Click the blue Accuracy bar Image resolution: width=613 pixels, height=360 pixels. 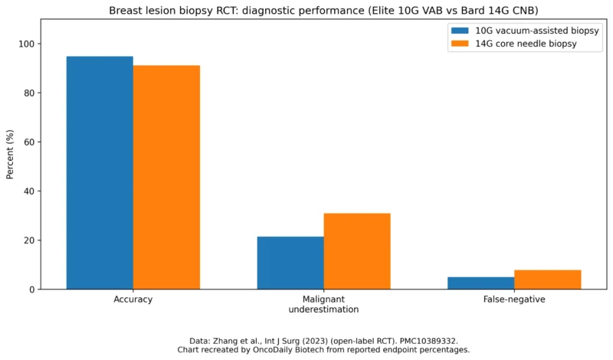pyautogui.click(x=100, y=172)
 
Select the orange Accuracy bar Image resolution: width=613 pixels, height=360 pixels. pyautogui.click(x=166, y=177)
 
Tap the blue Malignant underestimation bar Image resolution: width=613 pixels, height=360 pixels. pyautogui.click(x=290, y=263)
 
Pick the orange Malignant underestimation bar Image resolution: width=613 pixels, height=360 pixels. pyautogui.click(x=357, y=251)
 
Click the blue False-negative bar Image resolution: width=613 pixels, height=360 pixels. pyautogui.click(x=480, y=283)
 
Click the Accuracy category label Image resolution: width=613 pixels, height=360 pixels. pyautogui.click(x=133, y=299)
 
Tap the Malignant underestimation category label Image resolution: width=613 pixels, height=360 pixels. pyautogui.click(x=323, y=304)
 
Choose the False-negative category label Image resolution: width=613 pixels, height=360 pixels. pyautogui.click(x=514, y=299)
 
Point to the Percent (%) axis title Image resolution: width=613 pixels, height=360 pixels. pyautogui.click(x=11, y=154)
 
